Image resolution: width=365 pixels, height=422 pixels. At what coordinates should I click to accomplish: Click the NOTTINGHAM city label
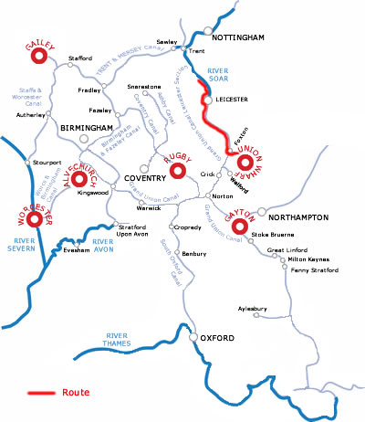click(x=237, y=37)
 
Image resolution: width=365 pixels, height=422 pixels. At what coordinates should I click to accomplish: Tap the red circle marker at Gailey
click(x=38, y=57)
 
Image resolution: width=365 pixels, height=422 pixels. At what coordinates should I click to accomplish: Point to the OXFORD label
click(x=218, y=340)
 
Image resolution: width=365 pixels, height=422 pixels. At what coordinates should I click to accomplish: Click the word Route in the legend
click(x=76, y=393)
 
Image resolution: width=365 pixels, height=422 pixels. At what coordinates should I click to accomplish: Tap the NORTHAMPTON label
click(x=301, y=218)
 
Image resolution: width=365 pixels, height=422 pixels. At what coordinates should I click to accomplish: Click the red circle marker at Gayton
click(x=241, y=227)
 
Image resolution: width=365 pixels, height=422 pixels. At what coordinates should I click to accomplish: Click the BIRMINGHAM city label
click(x=85, y=129)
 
